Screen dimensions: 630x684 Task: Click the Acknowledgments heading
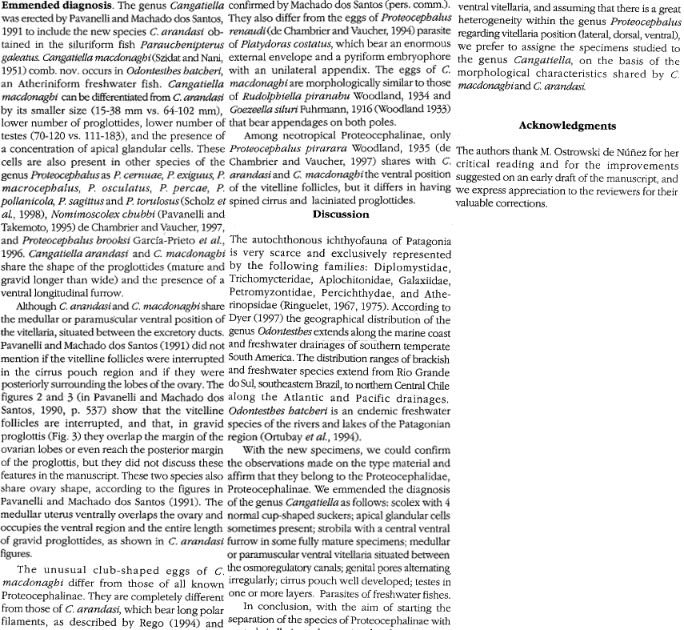pyautogui.click(x=567, y=126)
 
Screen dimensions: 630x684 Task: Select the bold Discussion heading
pyautogui.click(x=341, y=214)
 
